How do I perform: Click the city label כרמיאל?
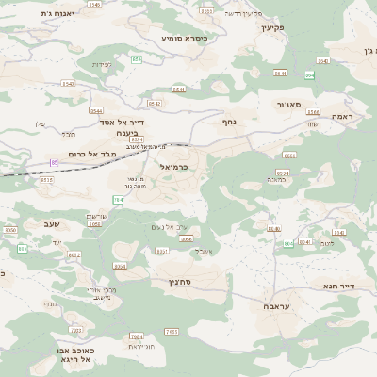176,167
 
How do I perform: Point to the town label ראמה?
341,116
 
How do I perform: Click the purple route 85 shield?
55,163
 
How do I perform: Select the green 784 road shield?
119,200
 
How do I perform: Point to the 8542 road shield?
155,104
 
